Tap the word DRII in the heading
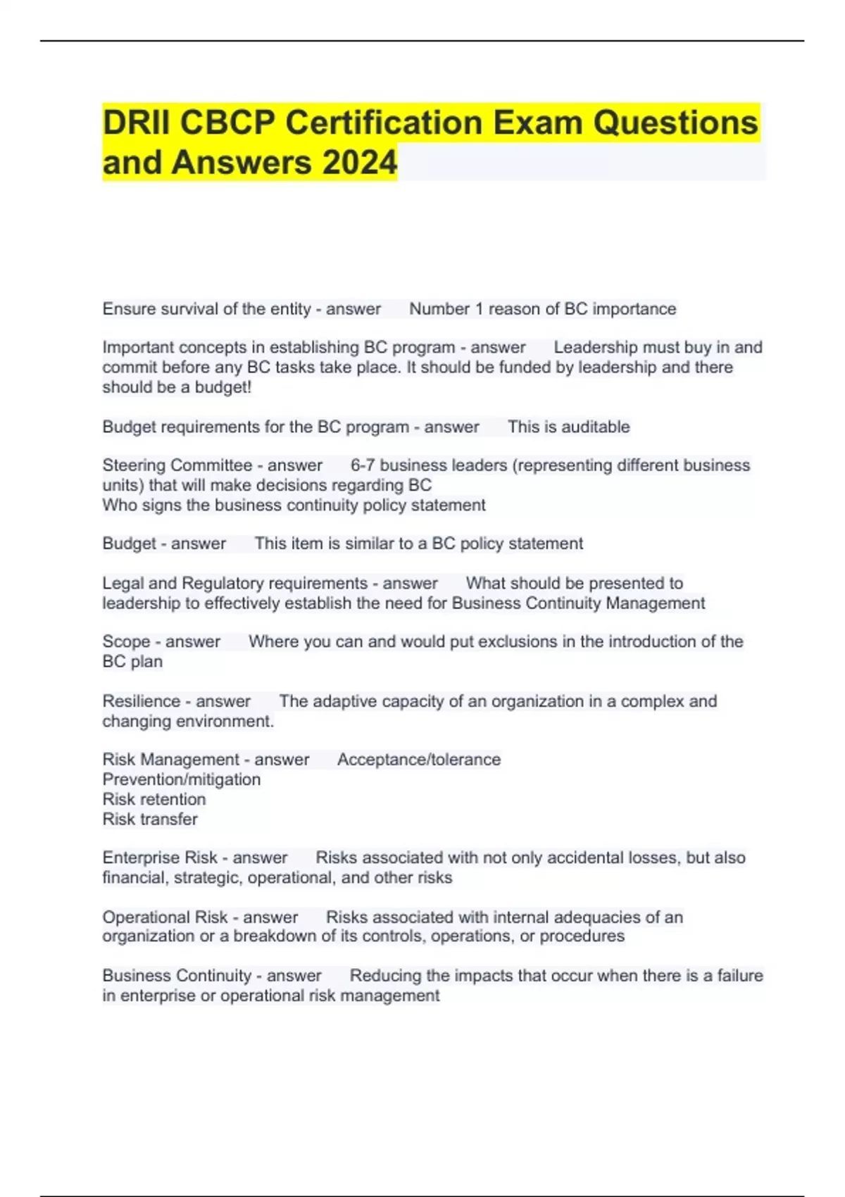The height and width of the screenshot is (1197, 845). pyautogui.click(x=138, y=123)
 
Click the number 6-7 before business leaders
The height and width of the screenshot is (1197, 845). pyautogui.click(x=363, y=465)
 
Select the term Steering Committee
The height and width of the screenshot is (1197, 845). pyautogui.click(x=177, y=465)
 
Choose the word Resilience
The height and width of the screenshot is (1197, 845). pyautogui.click(x=141, y=701)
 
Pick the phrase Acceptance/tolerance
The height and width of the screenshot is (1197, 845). pyautogui.click(x=419, y=760)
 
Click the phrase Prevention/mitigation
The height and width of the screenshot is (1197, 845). pyautogui.click(x=181, y=779)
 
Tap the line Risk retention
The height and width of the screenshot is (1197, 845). pyautogui.click(x=154, y=799)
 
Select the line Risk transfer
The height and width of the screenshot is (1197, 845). pyautogui.click(x=150, y=819)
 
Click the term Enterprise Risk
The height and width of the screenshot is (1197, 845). pyautogui.click(x=160, y=858)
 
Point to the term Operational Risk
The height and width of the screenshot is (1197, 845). pyautogui.click(x=165, y=917)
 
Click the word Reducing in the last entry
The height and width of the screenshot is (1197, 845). pyautogui.click(x=386, y=976)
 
